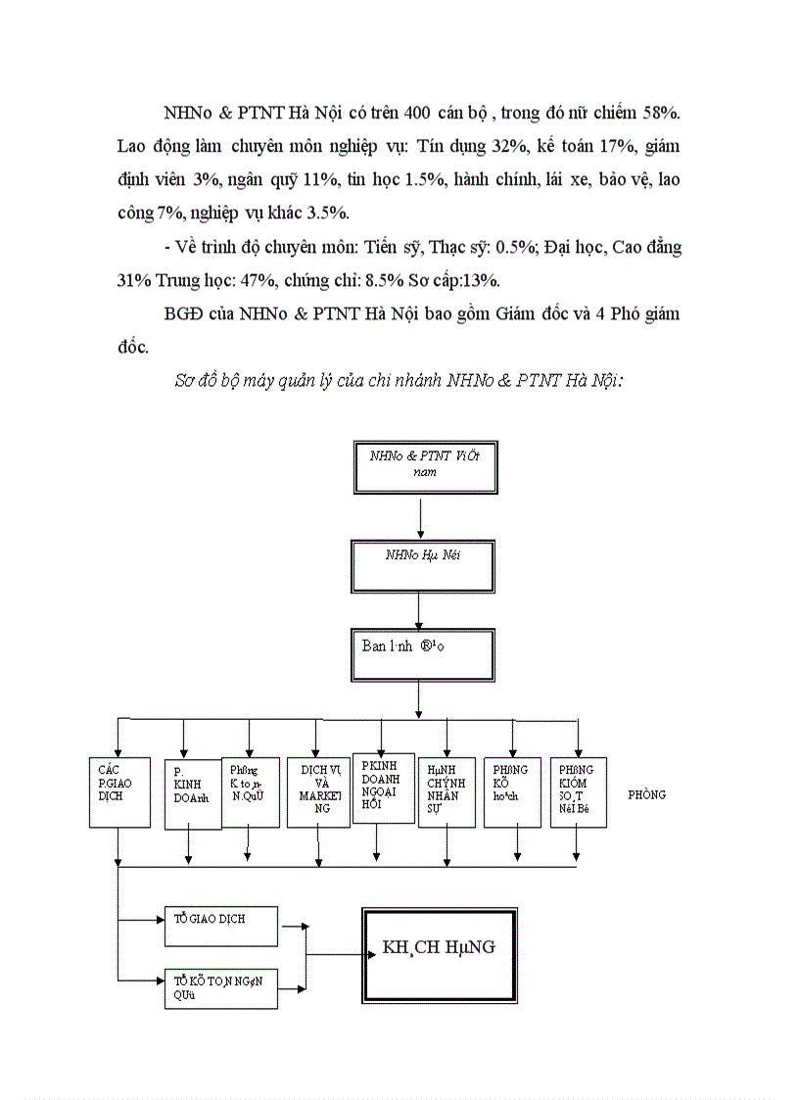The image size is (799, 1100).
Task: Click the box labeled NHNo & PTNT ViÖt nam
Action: tap(421, 466)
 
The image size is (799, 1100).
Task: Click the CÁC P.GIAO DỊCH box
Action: tap(117, 791)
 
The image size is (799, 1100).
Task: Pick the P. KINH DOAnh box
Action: tap(193, 793)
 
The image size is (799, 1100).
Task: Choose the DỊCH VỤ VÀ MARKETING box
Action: tap(318, 791)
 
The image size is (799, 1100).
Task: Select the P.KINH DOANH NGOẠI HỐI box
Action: tap(383, 787)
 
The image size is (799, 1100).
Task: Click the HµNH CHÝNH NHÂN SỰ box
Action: tap(446, 791)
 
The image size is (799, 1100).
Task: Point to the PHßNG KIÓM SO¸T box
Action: tap(578, 791)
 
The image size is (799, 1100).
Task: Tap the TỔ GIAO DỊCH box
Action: tap(221, 926)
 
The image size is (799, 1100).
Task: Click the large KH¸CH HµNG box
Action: tap(440, 954)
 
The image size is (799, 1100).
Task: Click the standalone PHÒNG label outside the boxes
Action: tap(646, 794)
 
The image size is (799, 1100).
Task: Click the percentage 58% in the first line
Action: tap(663, 112)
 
